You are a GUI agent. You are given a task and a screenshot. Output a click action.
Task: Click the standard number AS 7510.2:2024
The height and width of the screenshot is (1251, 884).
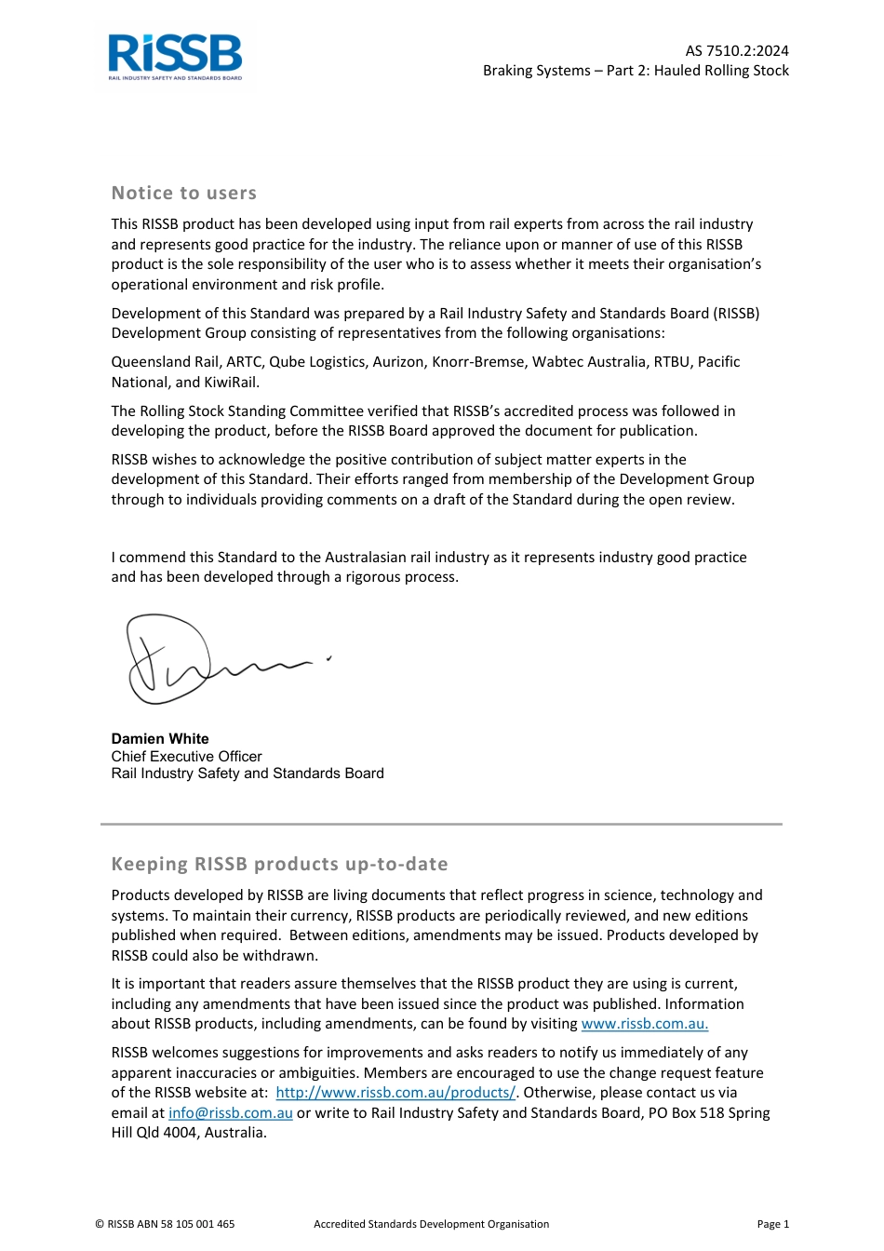737,51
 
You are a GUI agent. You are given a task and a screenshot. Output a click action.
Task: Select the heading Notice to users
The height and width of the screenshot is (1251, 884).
183,194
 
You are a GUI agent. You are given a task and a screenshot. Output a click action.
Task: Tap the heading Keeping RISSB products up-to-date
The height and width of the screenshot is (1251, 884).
279,864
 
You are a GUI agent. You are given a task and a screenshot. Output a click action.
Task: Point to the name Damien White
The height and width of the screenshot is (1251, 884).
160,739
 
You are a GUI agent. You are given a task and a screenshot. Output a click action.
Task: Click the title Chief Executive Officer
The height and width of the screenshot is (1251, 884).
186,757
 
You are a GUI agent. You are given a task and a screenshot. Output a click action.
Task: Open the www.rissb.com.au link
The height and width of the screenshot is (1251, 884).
644,1024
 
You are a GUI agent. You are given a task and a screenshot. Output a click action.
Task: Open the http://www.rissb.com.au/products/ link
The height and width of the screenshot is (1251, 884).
395,1093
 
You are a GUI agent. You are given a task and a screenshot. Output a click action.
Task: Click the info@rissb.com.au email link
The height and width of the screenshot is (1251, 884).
230,1113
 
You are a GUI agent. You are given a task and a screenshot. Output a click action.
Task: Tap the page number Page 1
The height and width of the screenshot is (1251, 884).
772,1224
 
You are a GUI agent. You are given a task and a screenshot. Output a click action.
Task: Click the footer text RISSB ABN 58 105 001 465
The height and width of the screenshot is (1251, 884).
165,1224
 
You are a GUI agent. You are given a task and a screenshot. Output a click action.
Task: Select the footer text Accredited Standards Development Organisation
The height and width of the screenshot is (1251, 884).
431,1224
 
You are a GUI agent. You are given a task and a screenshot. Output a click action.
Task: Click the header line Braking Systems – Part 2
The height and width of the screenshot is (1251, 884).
636,71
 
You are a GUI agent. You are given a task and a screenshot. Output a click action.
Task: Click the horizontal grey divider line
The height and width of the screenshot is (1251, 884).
441,824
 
